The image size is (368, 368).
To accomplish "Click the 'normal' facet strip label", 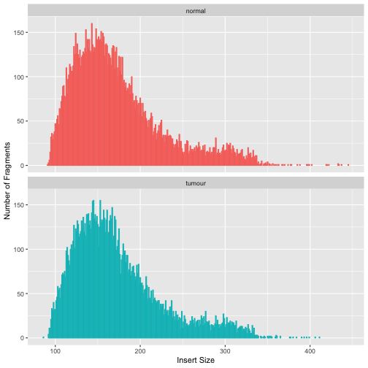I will click(x=196, y=10).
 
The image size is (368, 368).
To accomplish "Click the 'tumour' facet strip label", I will click(x=196, y=183).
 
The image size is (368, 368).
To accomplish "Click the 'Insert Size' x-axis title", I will click(x=196, y=360).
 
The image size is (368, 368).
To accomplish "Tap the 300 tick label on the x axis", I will click(x=226, y=349).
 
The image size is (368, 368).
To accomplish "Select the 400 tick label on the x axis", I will click(x=310, y=349).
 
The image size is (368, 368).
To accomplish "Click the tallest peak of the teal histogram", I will click(x=93, y=201).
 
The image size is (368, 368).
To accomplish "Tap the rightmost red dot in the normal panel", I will click(x=326, y=164).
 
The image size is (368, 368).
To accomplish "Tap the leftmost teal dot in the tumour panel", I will click(x=44, y=337).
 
